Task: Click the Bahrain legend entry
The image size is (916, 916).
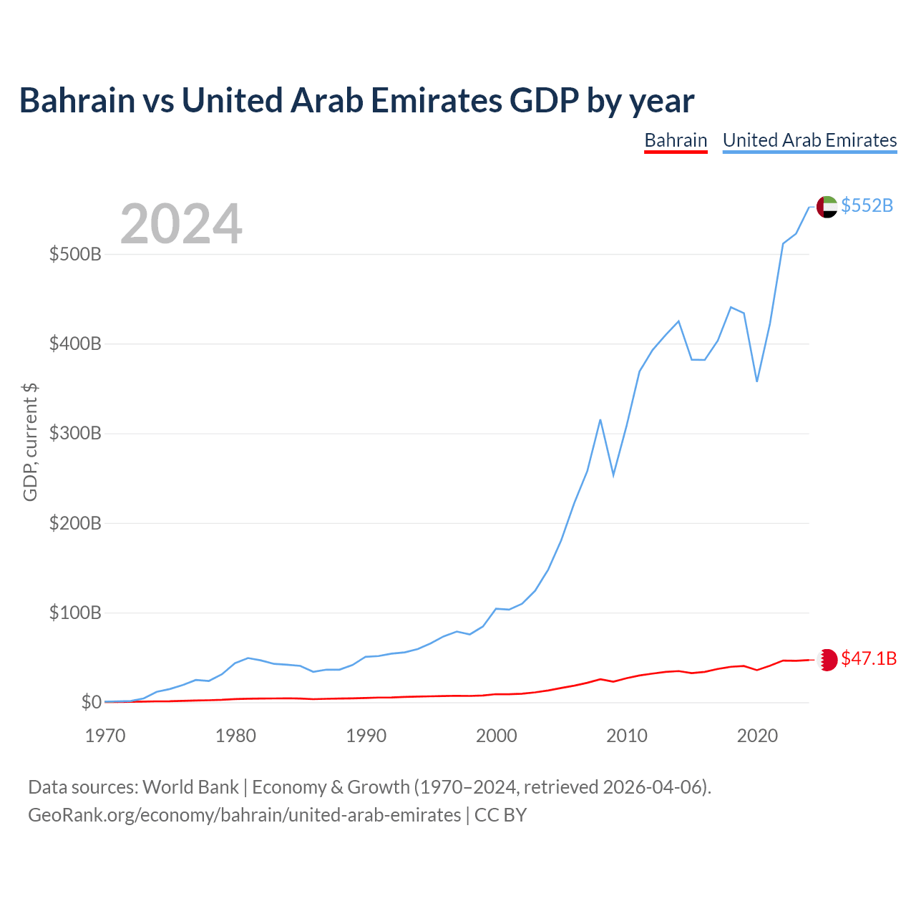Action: click(x=676, y=141)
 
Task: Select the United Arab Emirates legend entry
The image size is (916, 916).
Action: click(x=809, y=141)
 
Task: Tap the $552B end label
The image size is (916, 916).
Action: click(x=867, y=205)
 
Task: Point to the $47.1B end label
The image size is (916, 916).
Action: click(x=869, y=658)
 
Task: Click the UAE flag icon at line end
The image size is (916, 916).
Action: click(x=827, y=207)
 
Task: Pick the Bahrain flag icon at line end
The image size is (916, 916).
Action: click(x=827, y=660)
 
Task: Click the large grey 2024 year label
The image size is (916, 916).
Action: click(x=181, y=223)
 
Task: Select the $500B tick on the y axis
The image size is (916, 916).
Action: click(x=75, y=254)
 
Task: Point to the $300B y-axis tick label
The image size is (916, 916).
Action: click(x=75, y=434)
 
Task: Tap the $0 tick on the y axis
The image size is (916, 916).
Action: click(x=92, y=702)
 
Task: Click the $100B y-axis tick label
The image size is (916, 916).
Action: click(x=75, y=613)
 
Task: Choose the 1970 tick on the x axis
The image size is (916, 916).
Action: click(x=105, y=736)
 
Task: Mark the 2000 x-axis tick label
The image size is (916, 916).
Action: click(x=496, y=736)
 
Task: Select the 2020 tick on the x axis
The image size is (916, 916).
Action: click(x=757, y=736)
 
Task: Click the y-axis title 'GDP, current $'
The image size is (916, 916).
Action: click(x=30, y=442)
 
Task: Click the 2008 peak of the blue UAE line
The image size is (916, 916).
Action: click(x=600, y=420)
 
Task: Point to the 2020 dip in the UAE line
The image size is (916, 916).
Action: click(x=756, y=381)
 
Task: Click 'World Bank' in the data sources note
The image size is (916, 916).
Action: click(x=190, y=788)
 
